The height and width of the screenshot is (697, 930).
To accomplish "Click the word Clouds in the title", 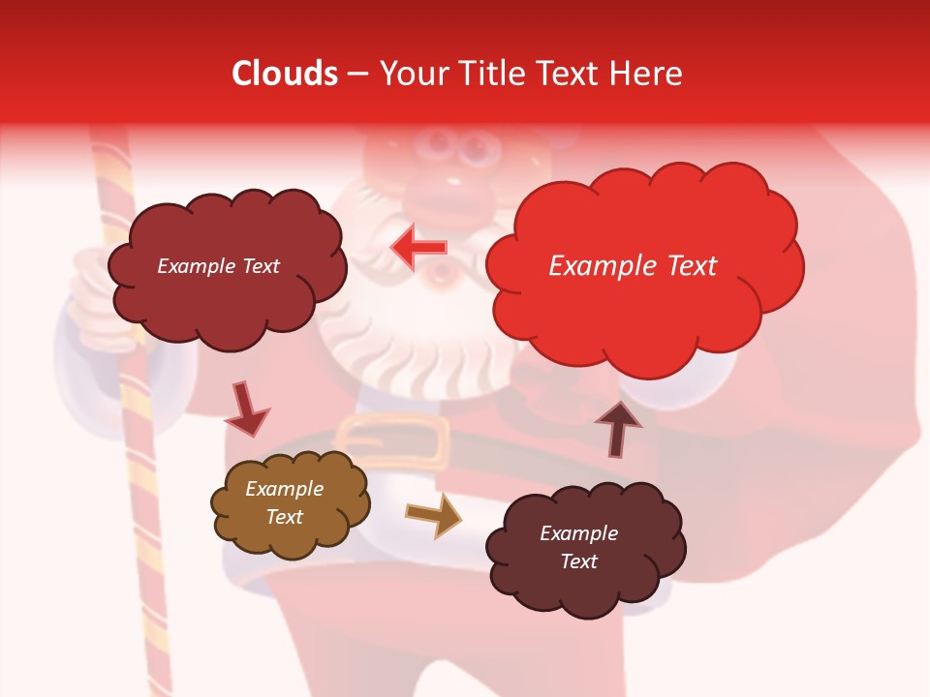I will pyautogui.click(x=285, y=74).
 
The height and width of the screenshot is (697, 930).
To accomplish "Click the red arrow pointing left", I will pyautogui.click(x=418, y=248).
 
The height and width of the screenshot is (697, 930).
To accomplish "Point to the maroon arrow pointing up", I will pyautogui.click(x=617, y=428).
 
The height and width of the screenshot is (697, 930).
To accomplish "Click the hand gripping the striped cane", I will pyautogui.click(x=92, y=290).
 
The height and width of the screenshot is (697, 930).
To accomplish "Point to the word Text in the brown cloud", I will pyautogui.click(x=284, y=517).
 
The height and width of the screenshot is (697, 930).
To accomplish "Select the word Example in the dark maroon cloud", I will pyautogui.click(x=578, y=533).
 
